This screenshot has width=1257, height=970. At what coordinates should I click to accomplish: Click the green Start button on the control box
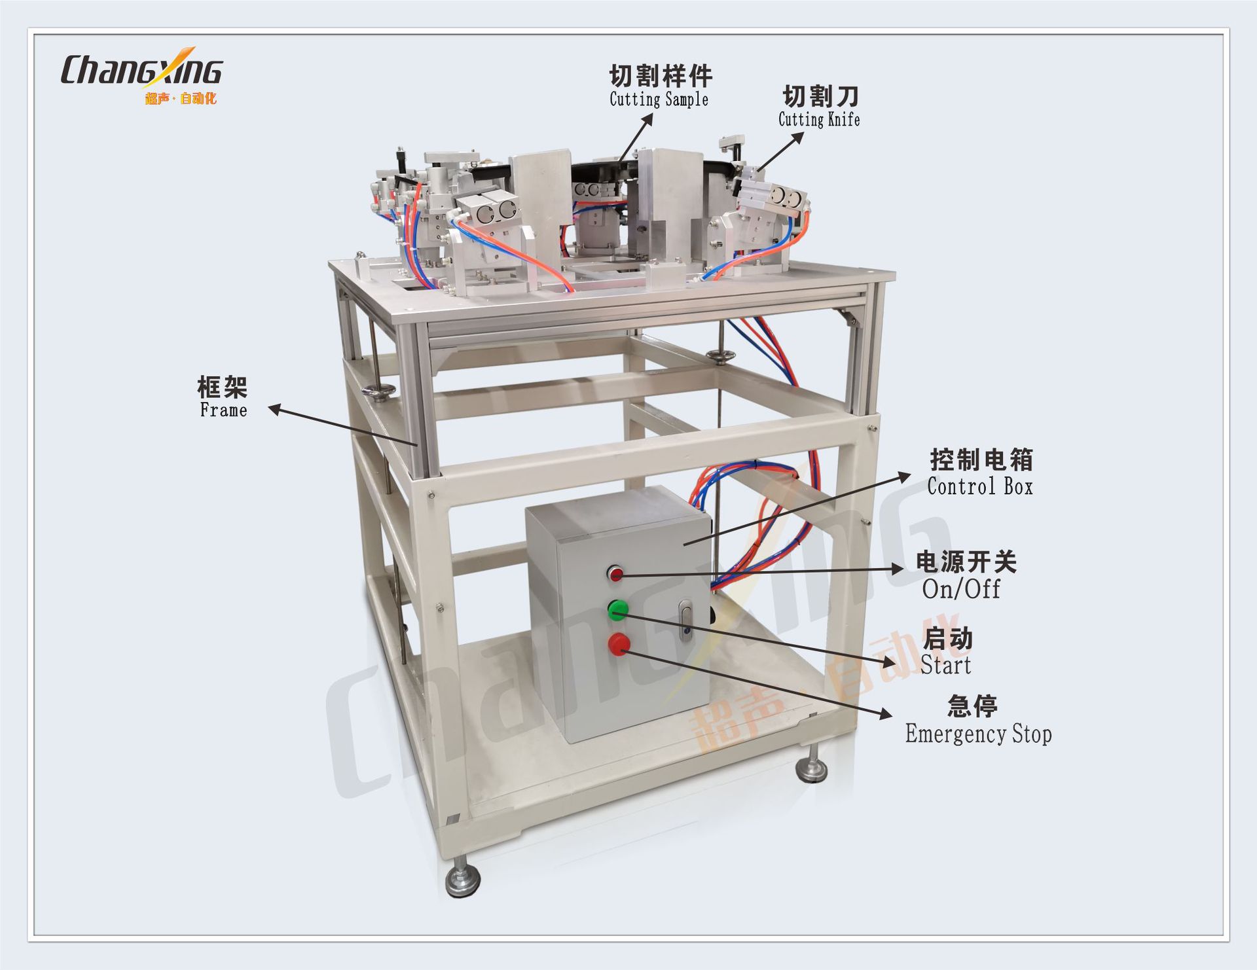[617, 610]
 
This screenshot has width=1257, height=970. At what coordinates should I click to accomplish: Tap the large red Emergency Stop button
[619, 644]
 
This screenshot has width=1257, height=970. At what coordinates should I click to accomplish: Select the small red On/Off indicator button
[615, 574]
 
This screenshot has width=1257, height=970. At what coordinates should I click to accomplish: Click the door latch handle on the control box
[685, 620]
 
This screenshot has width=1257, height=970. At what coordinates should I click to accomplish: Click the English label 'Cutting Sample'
[659, 99]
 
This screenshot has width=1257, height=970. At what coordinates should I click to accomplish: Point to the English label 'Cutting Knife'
[819, 120]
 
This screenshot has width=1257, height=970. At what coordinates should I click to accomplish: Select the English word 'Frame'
[223, 410]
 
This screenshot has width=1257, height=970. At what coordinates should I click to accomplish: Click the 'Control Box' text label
[979, 487]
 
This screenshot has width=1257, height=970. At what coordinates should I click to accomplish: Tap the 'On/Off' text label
[960, 589]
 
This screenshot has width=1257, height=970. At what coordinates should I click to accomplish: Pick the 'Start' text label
[945, 665]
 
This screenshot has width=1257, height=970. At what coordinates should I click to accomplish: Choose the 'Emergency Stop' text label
[978, 734]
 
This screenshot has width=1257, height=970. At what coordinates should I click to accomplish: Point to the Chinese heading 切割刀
[820, 96]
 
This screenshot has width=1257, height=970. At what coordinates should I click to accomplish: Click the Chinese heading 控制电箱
[981, 460]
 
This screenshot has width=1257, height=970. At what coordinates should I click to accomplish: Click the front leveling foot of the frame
[462, 881]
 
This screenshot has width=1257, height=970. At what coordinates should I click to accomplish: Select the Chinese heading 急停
[972, 706]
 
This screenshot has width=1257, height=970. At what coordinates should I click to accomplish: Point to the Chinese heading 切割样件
[661, 77]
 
